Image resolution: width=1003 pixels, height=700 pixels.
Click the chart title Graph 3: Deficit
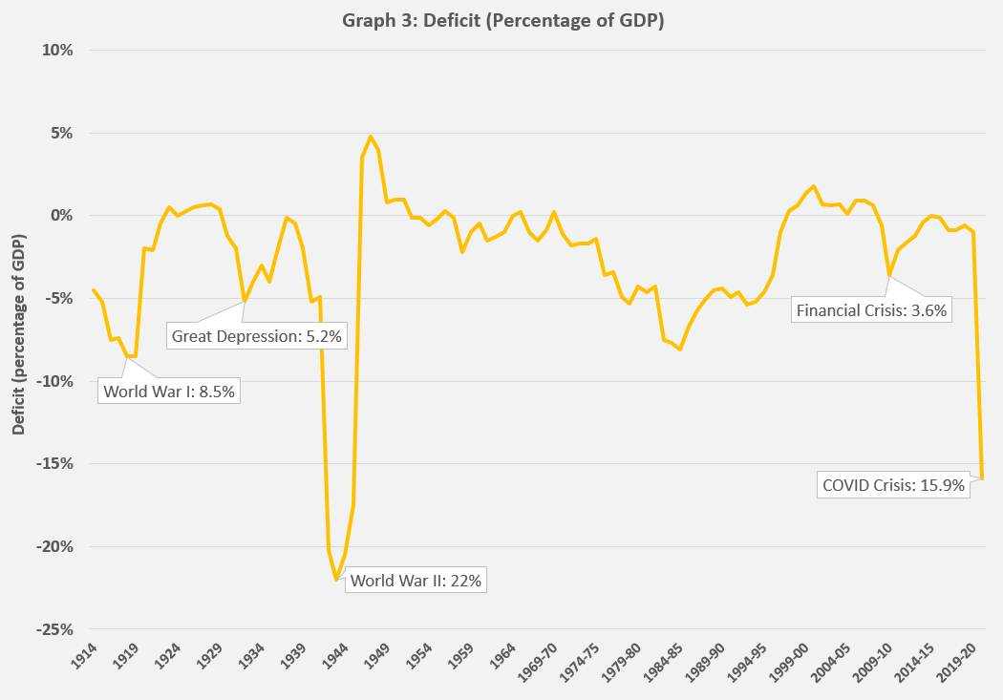[502, 21]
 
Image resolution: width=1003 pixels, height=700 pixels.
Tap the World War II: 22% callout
[415, 580]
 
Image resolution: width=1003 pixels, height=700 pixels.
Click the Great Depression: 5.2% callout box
[256, 335]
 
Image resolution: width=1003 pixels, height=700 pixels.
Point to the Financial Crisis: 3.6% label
[870, 309]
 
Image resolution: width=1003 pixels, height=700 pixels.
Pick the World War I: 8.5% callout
[168, 391]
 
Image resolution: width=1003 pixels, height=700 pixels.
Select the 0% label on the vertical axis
[63, 216]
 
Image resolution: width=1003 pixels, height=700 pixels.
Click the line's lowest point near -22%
[337, 579]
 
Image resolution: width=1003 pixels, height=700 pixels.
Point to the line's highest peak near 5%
[371, 137]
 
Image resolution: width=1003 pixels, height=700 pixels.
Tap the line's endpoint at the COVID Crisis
[982, 477]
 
